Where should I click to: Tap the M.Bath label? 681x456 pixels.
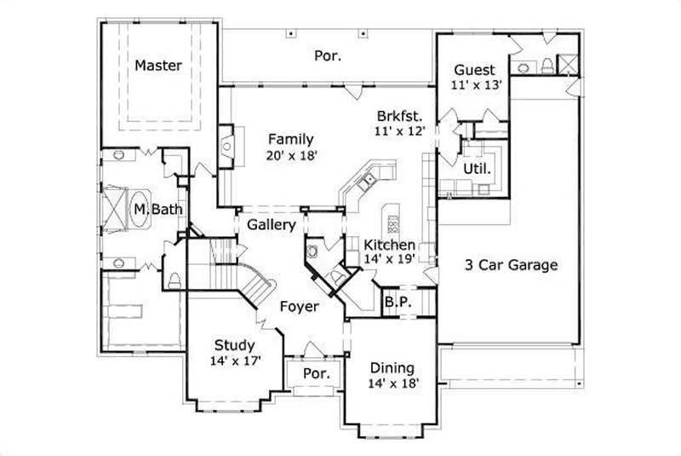tap(151, 207)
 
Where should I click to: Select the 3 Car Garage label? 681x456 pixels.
tap(512, 264)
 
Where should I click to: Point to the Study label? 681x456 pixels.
tap(234, 345)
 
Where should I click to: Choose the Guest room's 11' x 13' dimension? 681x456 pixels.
tap(479, 84)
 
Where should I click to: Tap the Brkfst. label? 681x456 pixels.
tap(399, 116)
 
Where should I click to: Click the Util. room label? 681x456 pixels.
tap(477, 169)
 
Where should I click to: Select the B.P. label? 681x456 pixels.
tap(396, 302)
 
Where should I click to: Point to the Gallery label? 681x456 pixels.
tap(272, 226)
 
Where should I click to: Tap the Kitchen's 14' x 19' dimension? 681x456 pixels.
tap(389, 259)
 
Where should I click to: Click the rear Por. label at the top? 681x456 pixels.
tap(328, 56)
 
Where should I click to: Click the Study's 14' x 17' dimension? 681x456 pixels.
tap(234, 360)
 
